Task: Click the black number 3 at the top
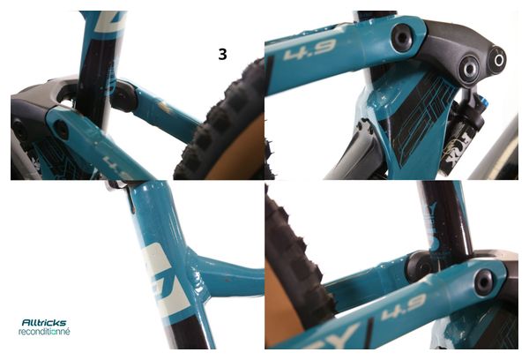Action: [x=223, y=54]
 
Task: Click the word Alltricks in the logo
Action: [x=45, y=323]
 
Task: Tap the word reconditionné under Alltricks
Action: [x=44, y=333]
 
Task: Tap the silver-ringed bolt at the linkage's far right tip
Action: [x=499, y=60]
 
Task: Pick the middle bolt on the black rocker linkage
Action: [x=467, y=67]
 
